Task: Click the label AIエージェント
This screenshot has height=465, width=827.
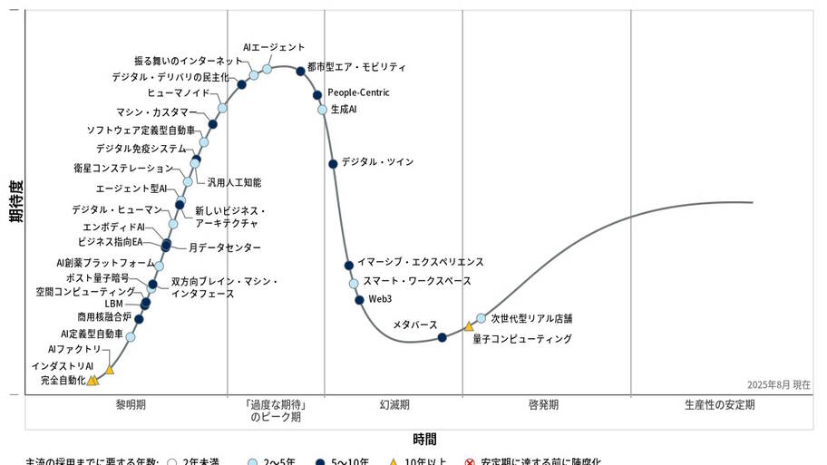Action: [x=274, y=47]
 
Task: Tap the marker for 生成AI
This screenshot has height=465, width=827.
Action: [x=322, y=109]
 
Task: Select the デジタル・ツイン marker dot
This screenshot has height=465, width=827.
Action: [x=333, y=163]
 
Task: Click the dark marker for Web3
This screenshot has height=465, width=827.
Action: [x=359, y=299]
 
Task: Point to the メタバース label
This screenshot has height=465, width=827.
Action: [x=414, y=324]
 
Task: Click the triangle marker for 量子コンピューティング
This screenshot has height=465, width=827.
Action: [x=469, y=326]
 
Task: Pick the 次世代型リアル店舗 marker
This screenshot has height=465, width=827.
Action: [x=481, y=318]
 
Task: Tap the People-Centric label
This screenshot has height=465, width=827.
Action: [x=358, y=92]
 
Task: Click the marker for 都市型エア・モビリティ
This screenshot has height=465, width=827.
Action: [x=300, y=71]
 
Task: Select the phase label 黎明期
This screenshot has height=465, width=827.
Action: [x=131, y=404]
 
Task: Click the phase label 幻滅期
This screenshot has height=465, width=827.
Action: [x=394, y=404]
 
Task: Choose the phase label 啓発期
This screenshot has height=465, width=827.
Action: [x=543, y=404]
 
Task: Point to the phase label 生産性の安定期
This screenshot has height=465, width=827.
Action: [x=719, y=404]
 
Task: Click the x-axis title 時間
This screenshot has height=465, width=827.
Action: [x=424, y=440]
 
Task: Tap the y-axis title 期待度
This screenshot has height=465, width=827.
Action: [x=15, y=200]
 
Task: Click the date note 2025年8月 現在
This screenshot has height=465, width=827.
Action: [x=779, y=384]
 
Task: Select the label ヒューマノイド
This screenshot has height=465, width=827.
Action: [x=179, y=92]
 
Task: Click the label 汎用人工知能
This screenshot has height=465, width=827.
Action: [x=234, y=182]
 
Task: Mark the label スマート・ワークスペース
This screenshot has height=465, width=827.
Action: [x=417, y=281]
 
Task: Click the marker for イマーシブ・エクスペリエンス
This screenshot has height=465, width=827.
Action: [x=348, y=265]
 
